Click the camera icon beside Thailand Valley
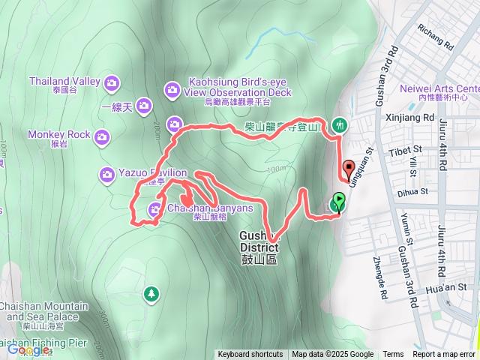(x=112, y=82)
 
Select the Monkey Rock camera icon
(x=102, y=136)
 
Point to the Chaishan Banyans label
(x=210, y=208)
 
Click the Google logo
(x=28, y=349)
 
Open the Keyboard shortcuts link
(x=250, y=355)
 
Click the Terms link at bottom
(x=393, y=355)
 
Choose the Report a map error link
(x=445, y=355)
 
